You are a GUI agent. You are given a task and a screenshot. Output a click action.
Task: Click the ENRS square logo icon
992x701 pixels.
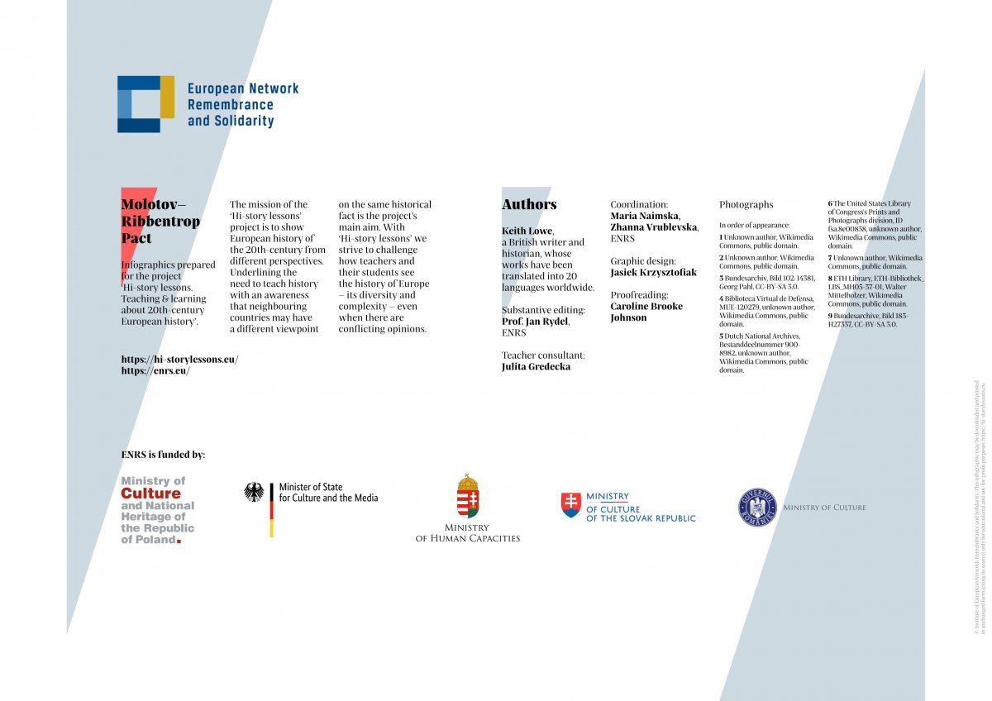coord(145,103)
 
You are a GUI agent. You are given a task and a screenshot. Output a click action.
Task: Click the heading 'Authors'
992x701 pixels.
coord(529,204)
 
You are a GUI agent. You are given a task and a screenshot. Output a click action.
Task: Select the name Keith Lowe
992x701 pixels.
coord(527,231)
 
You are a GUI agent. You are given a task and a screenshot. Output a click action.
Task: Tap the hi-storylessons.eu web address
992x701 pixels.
coord(179,359)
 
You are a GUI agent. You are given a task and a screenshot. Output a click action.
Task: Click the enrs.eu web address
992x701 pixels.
coord(155,370)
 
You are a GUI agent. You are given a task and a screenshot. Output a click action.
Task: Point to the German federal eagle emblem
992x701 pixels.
coord(254,492)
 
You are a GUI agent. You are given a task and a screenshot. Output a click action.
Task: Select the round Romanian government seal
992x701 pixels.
coord(757,507)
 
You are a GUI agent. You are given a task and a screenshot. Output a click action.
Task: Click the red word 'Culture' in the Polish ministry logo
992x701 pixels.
coord(150,494)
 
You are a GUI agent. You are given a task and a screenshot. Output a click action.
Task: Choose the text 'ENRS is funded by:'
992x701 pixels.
coord(163,454)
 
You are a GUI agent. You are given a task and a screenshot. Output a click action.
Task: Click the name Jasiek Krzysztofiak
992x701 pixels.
coord(653,272)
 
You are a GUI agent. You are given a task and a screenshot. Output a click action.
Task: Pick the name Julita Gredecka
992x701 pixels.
coord(536,366)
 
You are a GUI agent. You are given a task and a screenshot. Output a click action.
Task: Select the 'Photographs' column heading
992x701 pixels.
coord(746,204)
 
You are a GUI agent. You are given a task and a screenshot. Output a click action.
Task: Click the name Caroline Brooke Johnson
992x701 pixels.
coord(646,312)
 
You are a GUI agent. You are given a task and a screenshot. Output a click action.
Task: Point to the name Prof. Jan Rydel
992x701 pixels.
coord(535,322)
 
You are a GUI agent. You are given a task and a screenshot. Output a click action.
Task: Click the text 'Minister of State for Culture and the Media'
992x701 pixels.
coord(328,493)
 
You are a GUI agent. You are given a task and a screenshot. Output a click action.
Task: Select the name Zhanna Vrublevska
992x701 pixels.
coord(653,227)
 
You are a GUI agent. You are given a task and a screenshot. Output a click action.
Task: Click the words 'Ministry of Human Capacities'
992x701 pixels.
coord(468,532)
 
